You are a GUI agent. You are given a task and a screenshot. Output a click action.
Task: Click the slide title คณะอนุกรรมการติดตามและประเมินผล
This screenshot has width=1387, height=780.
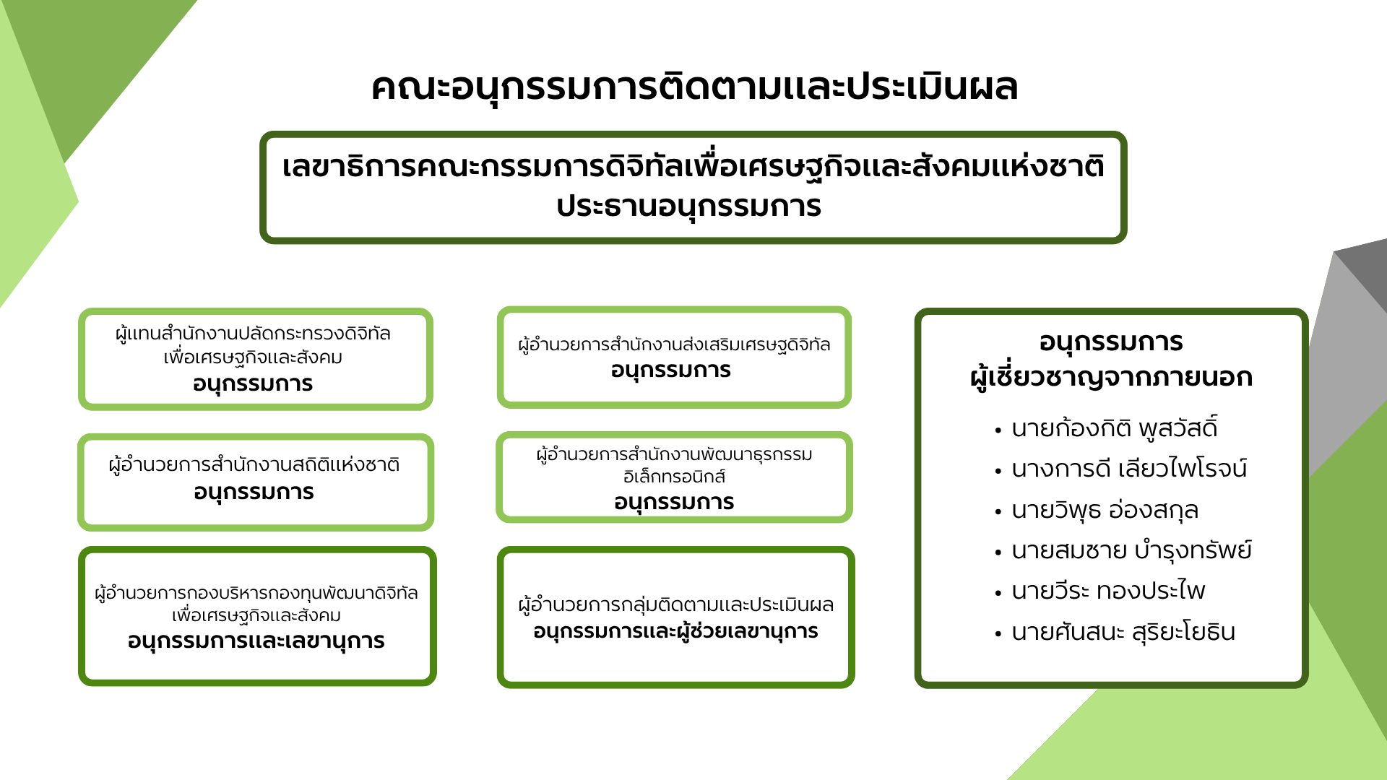[694, 87]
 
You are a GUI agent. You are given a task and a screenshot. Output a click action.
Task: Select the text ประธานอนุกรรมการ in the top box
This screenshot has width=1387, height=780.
[688, 207]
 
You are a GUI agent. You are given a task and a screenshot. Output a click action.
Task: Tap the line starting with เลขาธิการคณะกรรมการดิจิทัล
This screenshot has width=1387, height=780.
[693, 166]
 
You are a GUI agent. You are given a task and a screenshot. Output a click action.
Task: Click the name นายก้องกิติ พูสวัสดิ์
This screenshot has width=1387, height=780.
[1114, 428]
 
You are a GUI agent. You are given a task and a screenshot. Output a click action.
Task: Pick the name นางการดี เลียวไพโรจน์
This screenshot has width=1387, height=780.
[1128, 469]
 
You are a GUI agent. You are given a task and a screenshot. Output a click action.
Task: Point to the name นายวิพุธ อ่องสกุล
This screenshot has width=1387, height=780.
[1105, 511]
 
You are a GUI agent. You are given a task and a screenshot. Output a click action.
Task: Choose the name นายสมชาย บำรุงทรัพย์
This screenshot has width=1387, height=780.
[1131, 550]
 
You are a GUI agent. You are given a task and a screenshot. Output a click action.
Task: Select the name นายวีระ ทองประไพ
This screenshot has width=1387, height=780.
[1108, 591]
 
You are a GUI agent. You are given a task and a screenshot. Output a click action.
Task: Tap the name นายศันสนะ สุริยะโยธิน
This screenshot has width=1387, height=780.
[1123, 632]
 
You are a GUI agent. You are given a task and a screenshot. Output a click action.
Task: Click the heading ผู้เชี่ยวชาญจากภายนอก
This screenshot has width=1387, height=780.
[1111, 377]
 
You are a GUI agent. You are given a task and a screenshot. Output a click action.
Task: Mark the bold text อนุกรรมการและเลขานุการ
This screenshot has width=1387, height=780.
[256, 641]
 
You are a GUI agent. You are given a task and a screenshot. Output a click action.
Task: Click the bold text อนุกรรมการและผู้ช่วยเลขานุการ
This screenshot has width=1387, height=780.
[675, 632]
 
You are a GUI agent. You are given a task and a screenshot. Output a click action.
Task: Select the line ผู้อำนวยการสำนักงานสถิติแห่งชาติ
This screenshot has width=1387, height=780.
[254, 464]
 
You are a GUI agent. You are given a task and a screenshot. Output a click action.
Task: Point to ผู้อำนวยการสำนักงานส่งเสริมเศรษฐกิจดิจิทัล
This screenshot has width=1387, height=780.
[674, 344]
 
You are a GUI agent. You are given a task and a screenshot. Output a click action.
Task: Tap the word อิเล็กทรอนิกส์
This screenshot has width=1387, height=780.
[674, 477]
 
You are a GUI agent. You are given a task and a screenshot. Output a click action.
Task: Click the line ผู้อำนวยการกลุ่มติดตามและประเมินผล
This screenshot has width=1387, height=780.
[676, 604]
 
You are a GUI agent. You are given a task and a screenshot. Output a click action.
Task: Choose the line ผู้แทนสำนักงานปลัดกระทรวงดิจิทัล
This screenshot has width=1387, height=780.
[253, 334]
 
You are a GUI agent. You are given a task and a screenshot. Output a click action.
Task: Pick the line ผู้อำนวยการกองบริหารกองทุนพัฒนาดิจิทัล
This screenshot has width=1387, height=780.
[256, 593]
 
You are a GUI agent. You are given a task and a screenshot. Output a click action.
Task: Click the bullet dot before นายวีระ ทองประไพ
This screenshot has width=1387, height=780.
[998, 593]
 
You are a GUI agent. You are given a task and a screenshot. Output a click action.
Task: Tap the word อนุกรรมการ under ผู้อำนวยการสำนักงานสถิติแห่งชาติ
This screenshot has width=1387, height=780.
[254, 493]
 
